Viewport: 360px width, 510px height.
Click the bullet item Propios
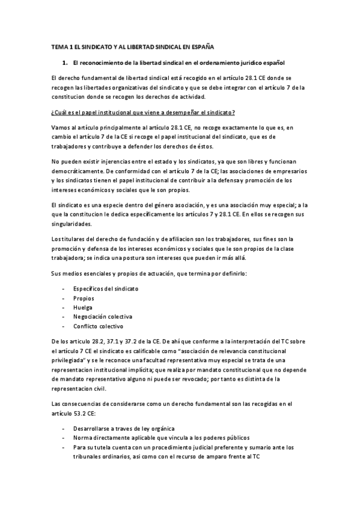84,298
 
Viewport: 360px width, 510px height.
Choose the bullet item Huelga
83,307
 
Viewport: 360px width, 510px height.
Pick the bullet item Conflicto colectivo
99,326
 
